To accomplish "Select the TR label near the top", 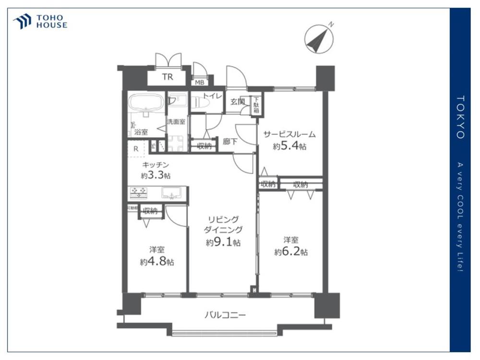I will point(167,77).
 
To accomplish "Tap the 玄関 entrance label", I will point(237,101).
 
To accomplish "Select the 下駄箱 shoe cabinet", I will point(256,104).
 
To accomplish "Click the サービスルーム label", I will point(289,134).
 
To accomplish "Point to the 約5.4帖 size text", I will point(289,146).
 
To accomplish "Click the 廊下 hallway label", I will point(230,142).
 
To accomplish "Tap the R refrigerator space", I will point(136,149).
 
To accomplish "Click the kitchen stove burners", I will point(139,193).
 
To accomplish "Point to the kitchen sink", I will point(170,193).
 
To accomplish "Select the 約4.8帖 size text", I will point(157,262).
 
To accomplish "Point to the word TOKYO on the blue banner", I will point(460,117).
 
